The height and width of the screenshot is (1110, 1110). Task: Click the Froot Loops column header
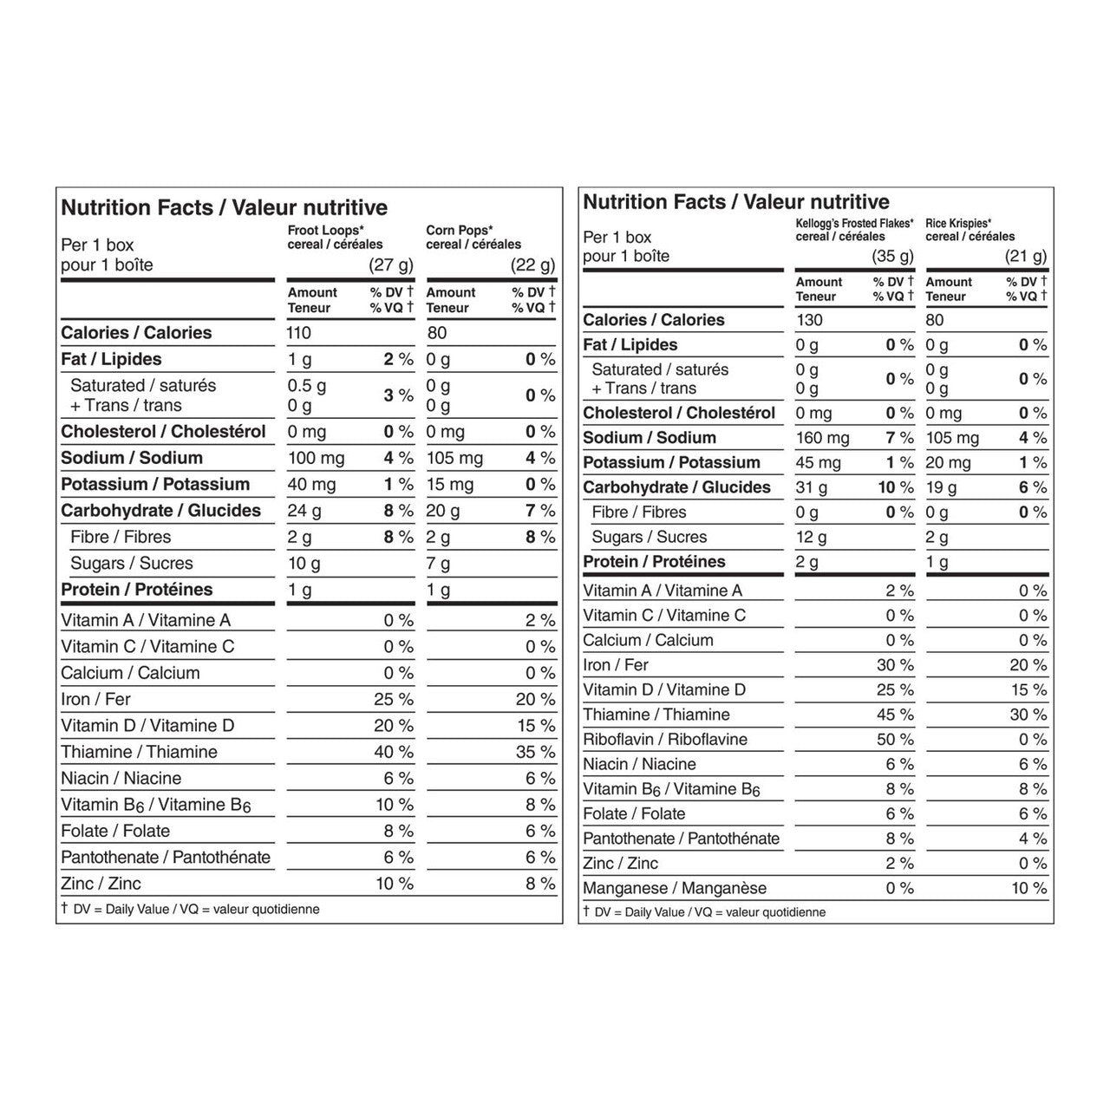point(335,237)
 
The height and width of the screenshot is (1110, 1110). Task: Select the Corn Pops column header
point(473,237)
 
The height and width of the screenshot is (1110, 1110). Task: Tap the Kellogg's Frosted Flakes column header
point(854,229)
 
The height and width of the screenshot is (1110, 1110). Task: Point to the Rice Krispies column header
point(970,229)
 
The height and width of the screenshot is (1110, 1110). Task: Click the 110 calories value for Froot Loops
point(299,333)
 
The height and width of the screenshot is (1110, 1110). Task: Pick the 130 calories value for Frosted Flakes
point(809,320)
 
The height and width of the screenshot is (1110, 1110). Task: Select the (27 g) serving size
point(391,265)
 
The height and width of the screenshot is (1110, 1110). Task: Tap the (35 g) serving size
point(892,256)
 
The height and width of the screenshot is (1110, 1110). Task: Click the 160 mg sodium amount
point(822,438)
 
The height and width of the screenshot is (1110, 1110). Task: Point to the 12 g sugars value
point(811,537)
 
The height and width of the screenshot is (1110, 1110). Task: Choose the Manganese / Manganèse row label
point(675,888)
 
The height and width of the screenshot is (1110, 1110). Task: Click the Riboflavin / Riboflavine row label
point(665,740)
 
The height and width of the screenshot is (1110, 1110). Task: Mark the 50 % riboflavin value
point(895,740)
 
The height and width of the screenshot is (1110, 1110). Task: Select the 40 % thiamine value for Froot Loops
point(394,752)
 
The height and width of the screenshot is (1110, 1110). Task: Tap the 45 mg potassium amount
point(818,463)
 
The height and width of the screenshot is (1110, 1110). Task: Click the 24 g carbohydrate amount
point(304,511)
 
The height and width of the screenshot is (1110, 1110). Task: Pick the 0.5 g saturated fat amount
point(307,386)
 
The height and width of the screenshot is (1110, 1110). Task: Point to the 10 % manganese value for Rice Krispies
point(1028,888)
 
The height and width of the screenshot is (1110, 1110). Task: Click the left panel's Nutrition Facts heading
point(224,208)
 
